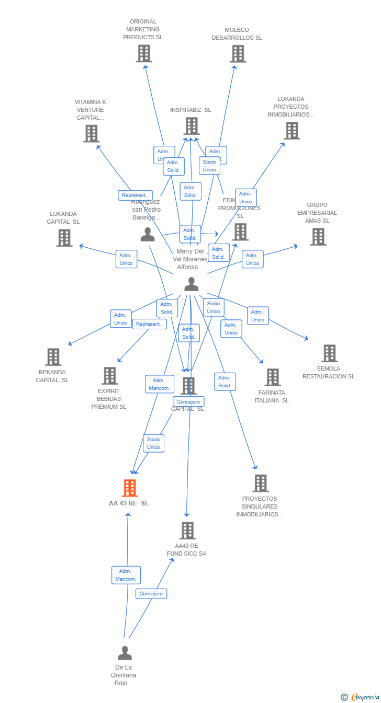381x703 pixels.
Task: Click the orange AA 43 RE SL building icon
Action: (129, 488)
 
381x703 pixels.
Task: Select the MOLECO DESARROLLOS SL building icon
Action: (238, 54)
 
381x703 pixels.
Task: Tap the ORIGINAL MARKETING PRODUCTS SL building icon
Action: (144, 53)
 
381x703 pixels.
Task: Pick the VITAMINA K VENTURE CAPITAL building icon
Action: (91, 133)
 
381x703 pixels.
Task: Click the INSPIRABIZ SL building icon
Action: (192, 126)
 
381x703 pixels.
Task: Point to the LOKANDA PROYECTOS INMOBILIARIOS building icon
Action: (292, 131)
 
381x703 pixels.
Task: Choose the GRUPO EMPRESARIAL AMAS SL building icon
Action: (318, 237)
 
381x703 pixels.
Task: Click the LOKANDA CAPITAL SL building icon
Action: (64, 238)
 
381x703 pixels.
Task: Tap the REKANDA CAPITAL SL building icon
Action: (53, 357)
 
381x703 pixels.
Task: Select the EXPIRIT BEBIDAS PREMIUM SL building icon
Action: (109, 375)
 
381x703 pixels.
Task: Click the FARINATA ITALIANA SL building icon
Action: (273, 377)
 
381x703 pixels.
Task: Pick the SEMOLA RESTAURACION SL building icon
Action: (329, 353)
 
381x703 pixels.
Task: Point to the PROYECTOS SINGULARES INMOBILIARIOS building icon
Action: (260, 483)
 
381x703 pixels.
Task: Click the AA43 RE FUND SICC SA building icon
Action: (187, 531)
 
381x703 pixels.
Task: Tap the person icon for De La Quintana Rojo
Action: (125, 653)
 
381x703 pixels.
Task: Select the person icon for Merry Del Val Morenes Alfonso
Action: (192, 284)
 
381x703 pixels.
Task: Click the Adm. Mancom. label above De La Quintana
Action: (126, 575)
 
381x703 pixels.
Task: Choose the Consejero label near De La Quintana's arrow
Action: (152, 594)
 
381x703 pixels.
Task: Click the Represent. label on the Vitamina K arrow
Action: (135, 195)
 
